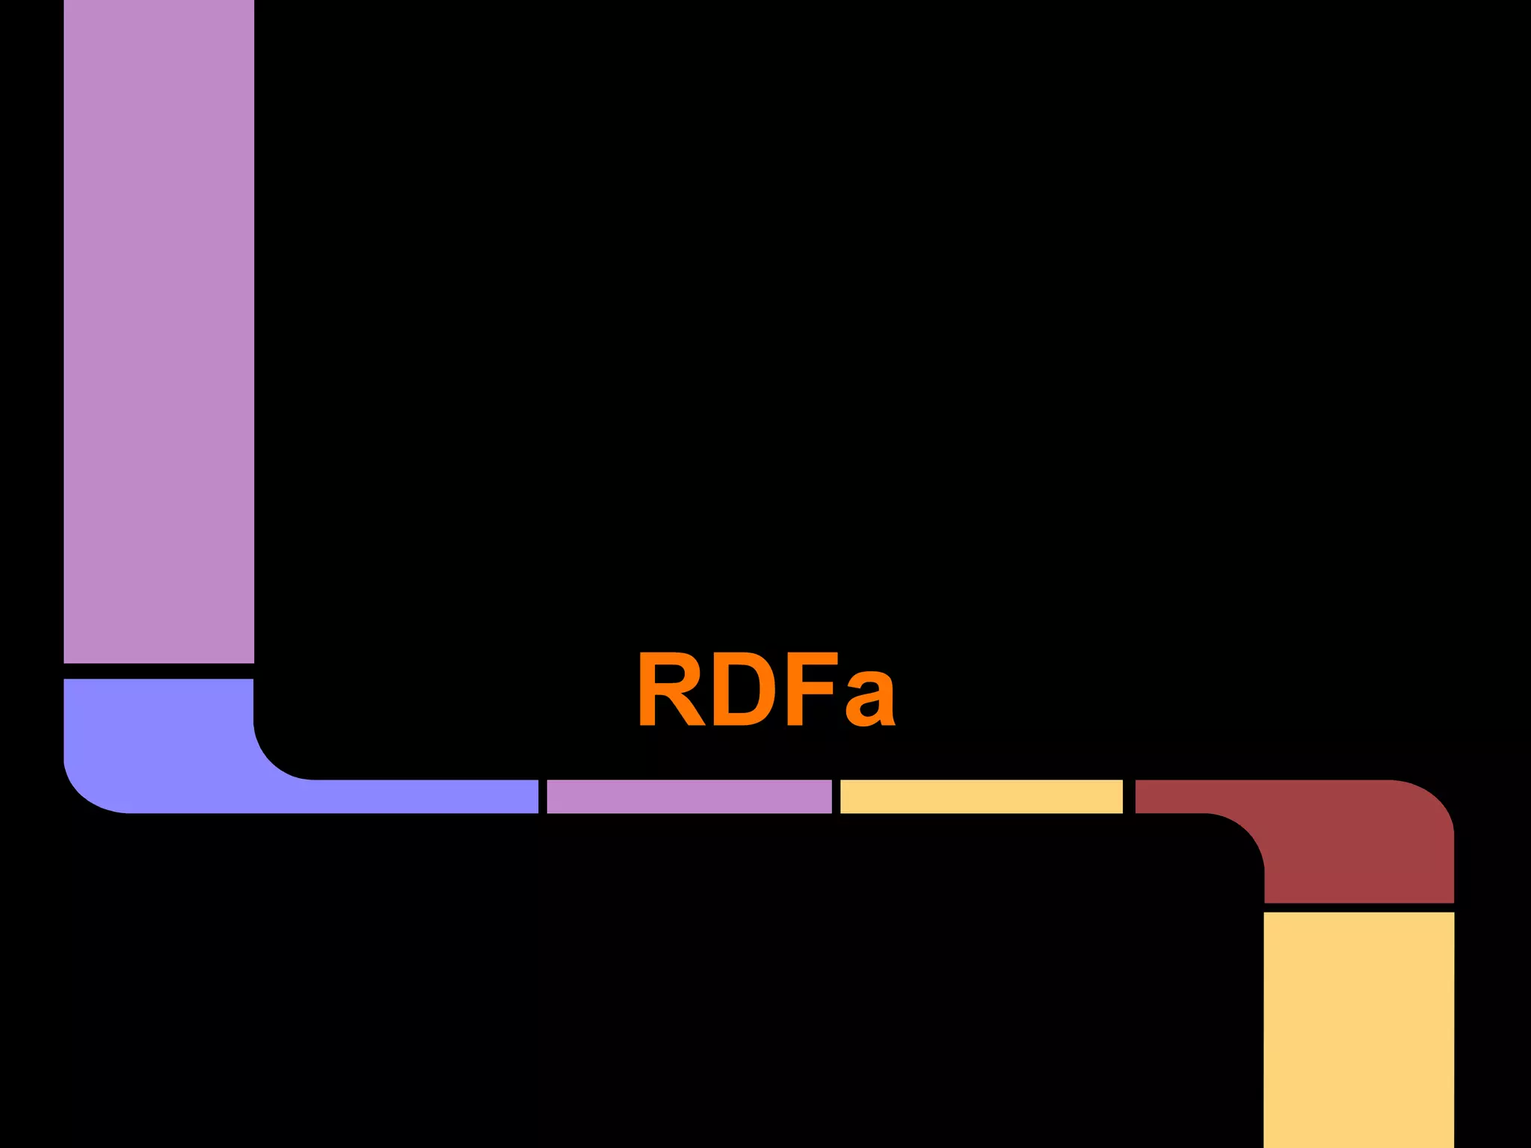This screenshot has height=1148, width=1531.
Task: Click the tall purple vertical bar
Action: [x=158, y=329]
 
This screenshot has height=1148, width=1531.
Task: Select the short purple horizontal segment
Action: [x=689, y=796]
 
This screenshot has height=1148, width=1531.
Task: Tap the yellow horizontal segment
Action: [x=981, y=796]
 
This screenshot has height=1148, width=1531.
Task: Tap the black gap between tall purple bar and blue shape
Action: [x=158, y=671]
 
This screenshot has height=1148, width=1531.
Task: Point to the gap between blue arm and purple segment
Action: [x=543, y=796]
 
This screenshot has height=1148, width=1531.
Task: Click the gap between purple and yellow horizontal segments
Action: [x=836, y=796]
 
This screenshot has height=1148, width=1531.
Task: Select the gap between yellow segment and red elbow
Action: [x=1129, y=796]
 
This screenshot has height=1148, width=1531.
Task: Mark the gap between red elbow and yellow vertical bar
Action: [x=1358, y=907]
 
